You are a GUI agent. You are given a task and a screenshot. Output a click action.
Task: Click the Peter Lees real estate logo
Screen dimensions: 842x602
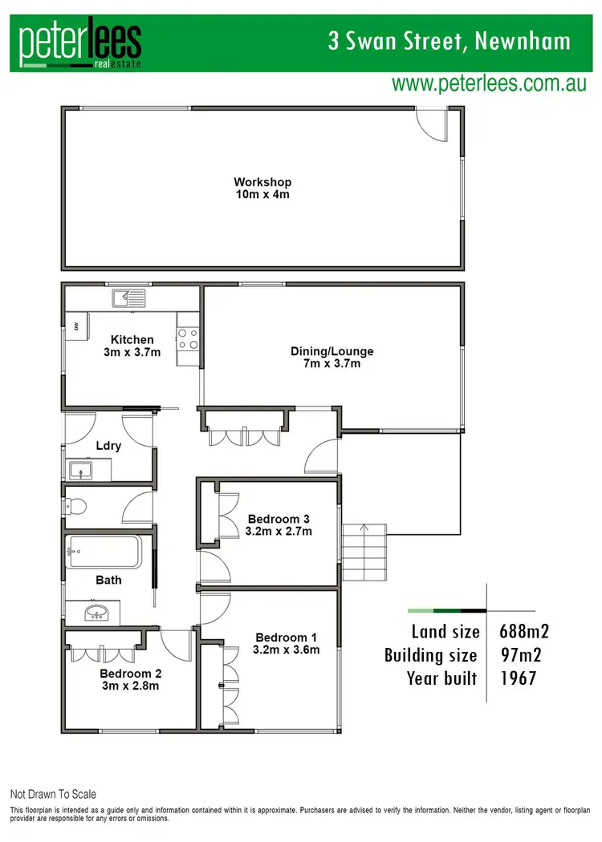(80, 45)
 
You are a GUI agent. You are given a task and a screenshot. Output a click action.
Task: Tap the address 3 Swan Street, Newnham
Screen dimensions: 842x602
(449, 41)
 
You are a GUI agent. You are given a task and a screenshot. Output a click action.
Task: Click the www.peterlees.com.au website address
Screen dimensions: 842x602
(489, 83)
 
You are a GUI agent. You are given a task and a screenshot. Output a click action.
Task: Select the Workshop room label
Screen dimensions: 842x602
(262, 188)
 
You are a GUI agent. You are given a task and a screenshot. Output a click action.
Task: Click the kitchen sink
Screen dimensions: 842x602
(128, 298)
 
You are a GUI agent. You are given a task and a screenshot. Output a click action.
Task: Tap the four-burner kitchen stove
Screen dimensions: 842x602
(187, 339)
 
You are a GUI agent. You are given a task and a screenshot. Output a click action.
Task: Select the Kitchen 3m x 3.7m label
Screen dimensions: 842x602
(132, 346)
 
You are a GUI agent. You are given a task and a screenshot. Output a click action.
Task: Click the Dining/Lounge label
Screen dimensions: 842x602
(332, 358)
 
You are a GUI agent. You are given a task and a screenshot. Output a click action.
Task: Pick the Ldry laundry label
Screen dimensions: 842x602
(108, 446)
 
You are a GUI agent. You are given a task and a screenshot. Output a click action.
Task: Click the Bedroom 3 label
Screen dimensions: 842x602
(279, 524)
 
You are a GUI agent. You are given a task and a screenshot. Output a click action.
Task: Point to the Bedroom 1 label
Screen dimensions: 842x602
(286, 643)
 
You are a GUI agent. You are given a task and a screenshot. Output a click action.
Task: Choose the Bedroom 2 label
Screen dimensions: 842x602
(129, 679)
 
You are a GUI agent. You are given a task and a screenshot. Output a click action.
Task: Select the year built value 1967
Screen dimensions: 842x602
(518, 678)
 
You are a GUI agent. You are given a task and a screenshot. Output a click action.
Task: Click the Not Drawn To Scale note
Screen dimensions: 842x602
(53, 795)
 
